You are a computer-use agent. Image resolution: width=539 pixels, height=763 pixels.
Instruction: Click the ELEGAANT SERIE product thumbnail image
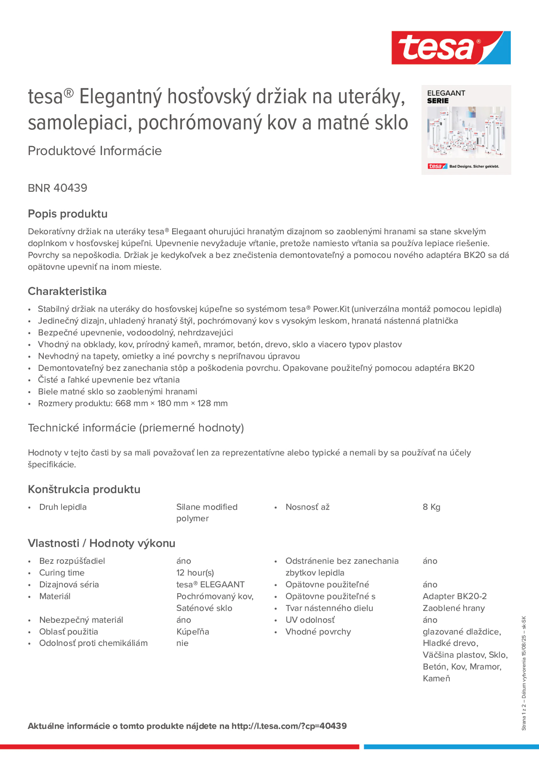pos(466,130)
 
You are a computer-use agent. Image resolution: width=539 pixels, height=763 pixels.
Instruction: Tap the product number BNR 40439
pos(57,188)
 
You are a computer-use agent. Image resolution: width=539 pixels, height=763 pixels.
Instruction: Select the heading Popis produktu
pos(67,214)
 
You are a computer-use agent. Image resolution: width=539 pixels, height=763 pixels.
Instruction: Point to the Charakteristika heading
pos(67,291)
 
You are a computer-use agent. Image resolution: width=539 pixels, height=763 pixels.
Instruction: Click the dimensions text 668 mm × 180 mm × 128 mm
pos(171,403)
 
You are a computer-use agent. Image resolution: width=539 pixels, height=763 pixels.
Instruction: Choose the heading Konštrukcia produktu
pos(84,490)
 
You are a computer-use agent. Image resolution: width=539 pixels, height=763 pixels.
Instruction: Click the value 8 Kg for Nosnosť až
pos(431,507)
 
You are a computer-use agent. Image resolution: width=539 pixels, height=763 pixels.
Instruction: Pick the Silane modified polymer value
pos(207,513)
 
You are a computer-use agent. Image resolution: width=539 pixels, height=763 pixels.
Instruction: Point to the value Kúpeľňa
pos(193,632)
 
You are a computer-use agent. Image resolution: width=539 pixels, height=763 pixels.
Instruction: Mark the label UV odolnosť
pos(310,620)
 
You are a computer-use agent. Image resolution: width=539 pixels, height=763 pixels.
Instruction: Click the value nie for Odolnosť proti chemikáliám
pos(183,643)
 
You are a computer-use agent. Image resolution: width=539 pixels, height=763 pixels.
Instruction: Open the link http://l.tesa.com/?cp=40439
pos(289,726)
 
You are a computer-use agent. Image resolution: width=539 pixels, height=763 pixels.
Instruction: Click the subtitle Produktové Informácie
pos(95,151)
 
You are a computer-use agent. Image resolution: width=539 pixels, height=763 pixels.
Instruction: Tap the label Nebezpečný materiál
pos(81,620)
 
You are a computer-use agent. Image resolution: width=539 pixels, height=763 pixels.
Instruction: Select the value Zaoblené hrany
pos(454,608)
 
